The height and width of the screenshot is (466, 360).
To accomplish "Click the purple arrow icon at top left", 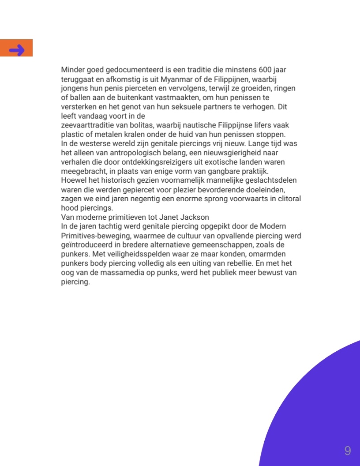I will point(17,49).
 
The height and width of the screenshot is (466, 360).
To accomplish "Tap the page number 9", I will point(348,451).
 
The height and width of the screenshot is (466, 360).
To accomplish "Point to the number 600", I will point(266,70).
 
